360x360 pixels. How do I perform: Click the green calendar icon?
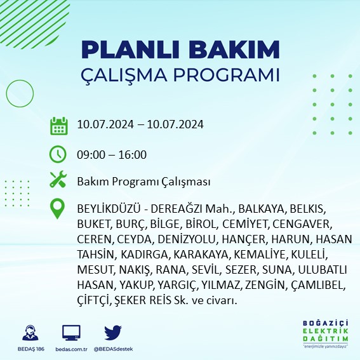pyautogui.click(x=58, y=125)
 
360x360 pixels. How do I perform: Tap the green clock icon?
pyautogui.click(x=58, y=154)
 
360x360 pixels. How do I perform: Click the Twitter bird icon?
pyautogui.click(x=113, y=333)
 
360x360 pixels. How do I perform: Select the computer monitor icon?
pyautogui.click(x=71, y=333)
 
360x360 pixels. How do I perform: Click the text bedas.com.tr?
pyautogui.click(x=71, y=349)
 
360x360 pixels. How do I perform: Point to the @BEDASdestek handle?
pyautogui.click(x=113, y=349)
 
